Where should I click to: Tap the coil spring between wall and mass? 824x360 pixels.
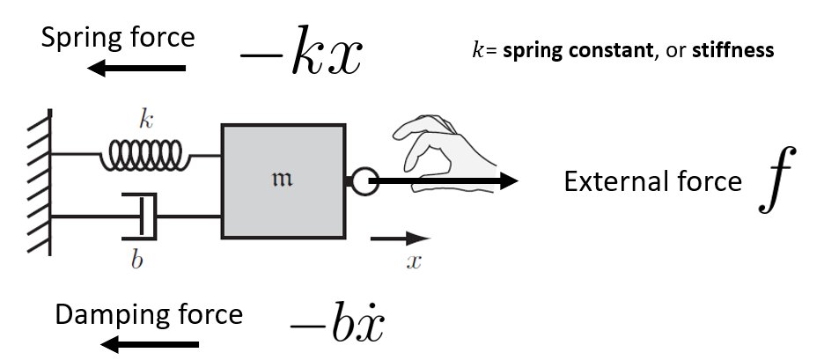144,157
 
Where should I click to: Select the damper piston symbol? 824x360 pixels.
141,215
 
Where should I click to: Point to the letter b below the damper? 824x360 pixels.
136,261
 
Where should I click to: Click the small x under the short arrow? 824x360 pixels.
411,261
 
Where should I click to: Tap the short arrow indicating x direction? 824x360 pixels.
400,238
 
